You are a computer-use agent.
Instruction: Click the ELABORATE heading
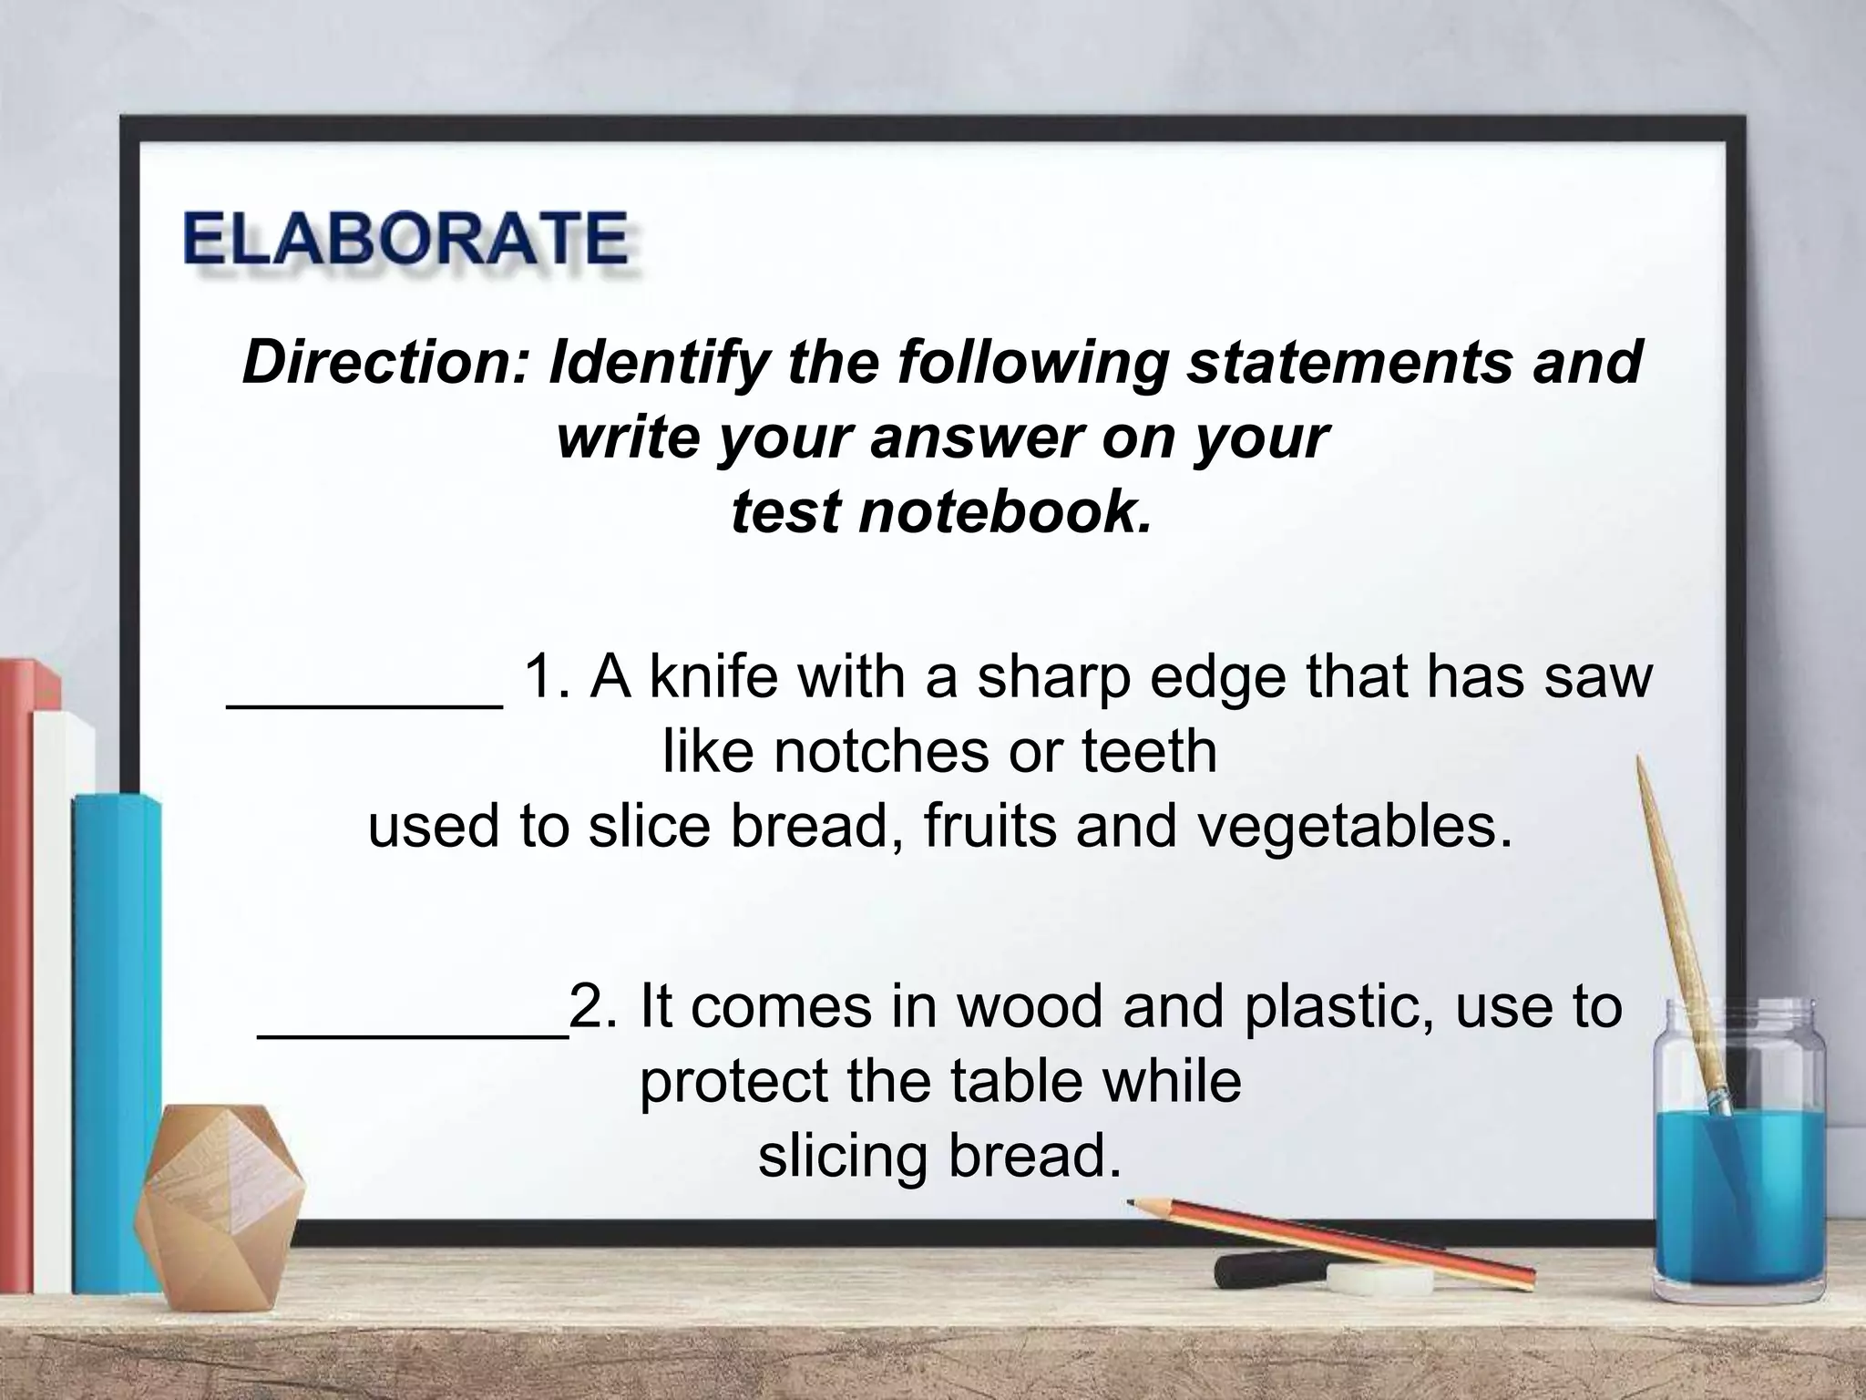click(405, 239)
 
